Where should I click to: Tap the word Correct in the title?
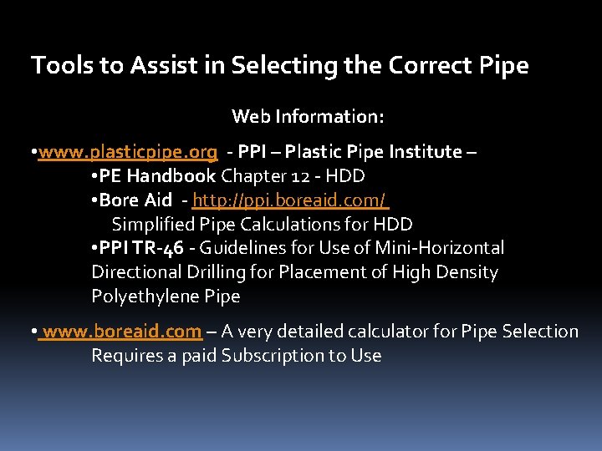click(433, 65)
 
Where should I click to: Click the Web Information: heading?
click(308, 116)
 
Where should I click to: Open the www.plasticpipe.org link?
click(128, 152)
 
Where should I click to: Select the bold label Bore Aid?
click(135, 200)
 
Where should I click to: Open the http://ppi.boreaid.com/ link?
click(289, 200)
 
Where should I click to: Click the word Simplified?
click(153, 225)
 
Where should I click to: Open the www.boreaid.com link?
click(122, 332)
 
